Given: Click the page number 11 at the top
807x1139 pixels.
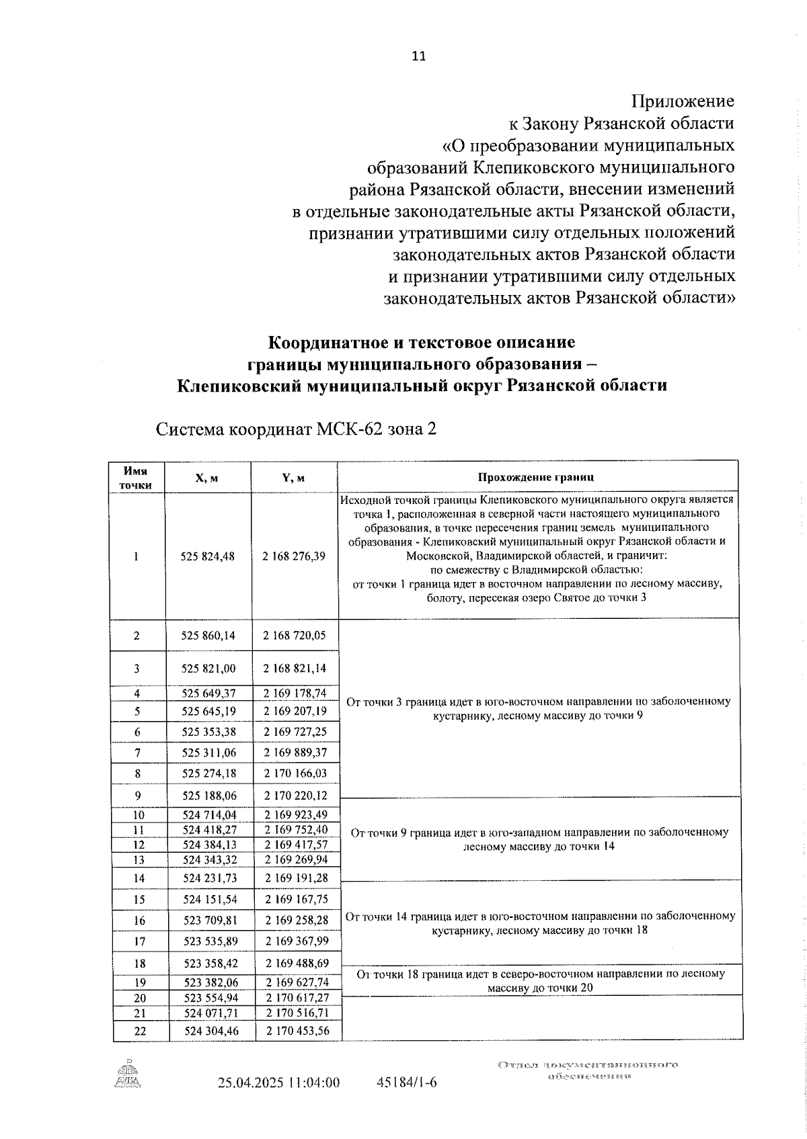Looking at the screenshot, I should [x=418, y=56].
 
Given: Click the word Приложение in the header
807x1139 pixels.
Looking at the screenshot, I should [x=682, y=101].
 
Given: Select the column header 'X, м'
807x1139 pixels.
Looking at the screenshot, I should [x=206, y=478].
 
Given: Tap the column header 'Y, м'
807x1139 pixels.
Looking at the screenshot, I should [x=293, y=478].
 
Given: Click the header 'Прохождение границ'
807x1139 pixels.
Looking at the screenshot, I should [x=536, y=478].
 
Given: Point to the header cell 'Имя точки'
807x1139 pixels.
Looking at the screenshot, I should [x=136, y=478].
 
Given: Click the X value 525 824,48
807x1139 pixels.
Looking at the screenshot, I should [x=208, y=556].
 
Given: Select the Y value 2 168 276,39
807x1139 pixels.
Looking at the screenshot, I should [x=294, y=556].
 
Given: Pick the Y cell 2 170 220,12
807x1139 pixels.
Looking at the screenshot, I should [x=295, y=795].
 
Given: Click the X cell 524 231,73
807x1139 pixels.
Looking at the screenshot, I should [x=210, y=878].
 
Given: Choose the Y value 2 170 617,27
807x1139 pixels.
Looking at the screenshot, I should [x=297, y=998].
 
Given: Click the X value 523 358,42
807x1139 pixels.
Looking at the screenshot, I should [x=210, y=963].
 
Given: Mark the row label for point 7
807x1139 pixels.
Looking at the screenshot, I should [x=138, y=753].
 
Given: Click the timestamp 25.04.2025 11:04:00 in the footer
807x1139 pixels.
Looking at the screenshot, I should [x=278, y=1083].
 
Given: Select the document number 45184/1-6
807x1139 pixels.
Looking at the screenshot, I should [x=407, y=1083].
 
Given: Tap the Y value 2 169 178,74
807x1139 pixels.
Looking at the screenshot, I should [x=295, y=693].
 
